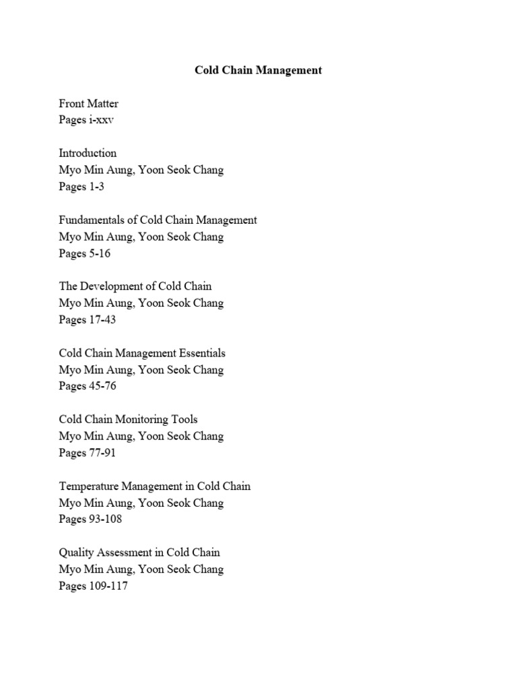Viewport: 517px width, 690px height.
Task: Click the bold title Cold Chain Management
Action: (x=258, y=70)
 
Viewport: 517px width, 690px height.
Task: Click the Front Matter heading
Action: (x=89, y=104)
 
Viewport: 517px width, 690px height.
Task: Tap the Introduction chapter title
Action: (x=88, y=153)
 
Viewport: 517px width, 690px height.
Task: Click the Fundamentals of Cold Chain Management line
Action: (x=158, y=220)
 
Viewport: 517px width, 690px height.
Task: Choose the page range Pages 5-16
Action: (x=85, y=253)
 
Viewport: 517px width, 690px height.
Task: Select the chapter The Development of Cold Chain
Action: (x=135, y=286)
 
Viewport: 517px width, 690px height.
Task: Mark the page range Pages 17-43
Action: (x=88, y=320)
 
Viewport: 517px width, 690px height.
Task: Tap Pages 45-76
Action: (x=88, y=386)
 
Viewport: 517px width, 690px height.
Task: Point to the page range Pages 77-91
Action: (x=88, y=453)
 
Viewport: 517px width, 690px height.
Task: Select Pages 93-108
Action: (x=90, y=519)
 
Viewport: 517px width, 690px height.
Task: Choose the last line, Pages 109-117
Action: (x=94, y=586)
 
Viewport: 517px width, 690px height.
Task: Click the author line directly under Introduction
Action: (x=141, y=170)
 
